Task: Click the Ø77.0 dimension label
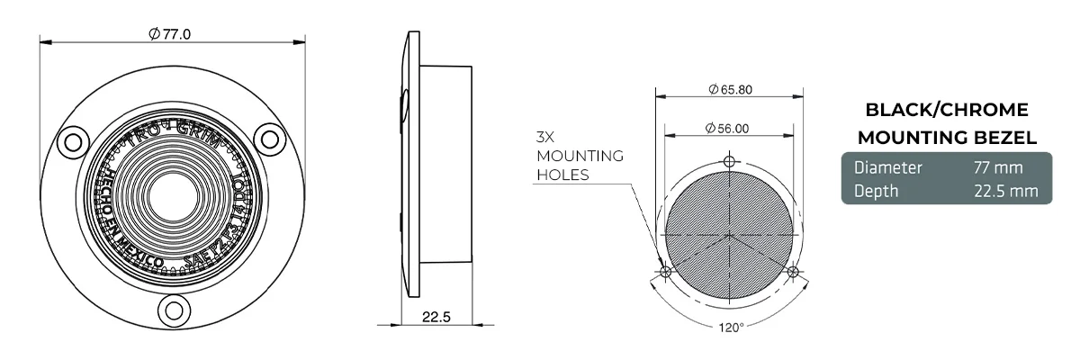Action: tap(170, 33)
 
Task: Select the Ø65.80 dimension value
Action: tap(730, 89)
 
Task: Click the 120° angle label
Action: tap(731, 328)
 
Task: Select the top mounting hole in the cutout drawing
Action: tap(729, 162)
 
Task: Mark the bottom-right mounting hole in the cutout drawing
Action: tap(792, 271)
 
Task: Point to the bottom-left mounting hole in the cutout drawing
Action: tap(665, 271)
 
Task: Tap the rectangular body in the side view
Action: tap(445, 163)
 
